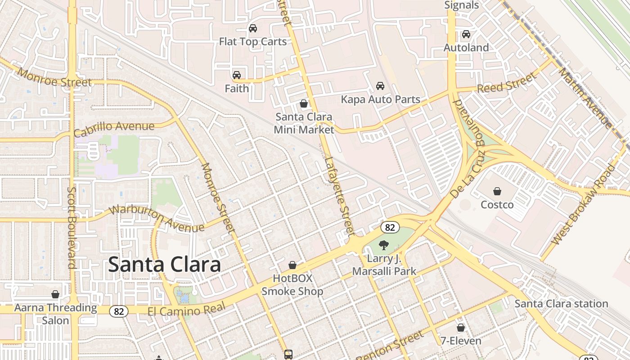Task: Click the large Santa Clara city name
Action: point(164,265)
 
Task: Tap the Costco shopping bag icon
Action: point(497,192)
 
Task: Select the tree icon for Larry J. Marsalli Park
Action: point(384,245)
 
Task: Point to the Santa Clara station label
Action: point(561,304)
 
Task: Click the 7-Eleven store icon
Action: point(460,328)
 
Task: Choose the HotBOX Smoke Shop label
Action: point(292,285)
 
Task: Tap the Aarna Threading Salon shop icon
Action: point(55,295)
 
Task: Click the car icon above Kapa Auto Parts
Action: point(380,86)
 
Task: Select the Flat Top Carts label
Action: point(252,42)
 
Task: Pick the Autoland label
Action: point(466,48)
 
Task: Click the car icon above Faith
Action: point(237,75)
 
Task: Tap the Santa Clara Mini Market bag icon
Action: point(304,104)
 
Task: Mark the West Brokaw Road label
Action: point(583,205)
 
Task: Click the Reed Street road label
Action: point(507,83)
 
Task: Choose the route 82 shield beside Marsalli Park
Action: point(390,227)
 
